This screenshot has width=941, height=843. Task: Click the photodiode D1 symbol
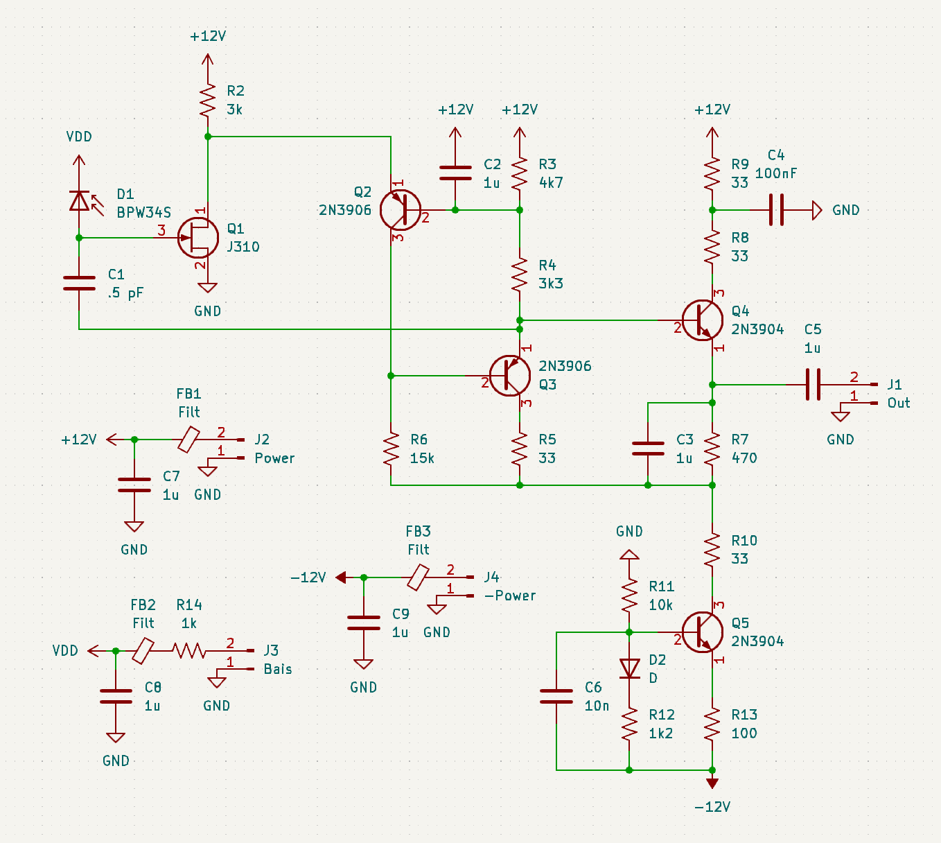click(x=79, y=201)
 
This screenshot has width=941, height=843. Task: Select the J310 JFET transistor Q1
click(x=197, y=238)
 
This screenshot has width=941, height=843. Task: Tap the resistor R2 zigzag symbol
click(x=208, y=101)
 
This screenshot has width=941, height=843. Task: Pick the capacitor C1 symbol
click(x=79, y=283)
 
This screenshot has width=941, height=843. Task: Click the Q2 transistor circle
click(x=401, y=210)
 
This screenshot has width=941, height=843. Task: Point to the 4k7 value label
click(x=551, y=183)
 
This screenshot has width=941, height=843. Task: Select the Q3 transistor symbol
click(x=510, y=376)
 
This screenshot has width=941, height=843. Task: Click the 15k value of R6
click(x=422, y=458)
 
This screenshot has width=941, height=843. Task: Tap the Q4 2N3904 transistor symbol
click(x=702, y=320)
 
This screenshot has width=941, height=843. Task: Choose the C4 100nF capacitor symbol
click(x=776, y=209)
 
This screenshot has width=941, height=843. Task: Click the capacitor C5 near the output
click(x=813, y=384)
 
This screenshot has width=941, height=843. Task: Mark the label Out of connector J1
click(x=898, y=403)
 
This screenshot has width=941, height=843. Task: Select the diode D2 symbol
click(x=629, y=668)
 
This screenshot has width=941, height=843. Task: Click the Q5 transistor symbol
click(x=702, y=632)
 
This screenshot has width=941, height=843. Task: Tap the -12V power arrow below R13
click(x=712, y=783)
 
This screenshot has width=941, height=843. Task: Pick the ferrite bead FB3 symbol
click(x=418, y=577)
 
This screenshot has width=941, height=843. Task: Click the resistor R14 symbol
click(x=188, y=650)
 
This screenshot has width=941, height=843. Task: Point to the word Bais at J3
click(x=277, y=669)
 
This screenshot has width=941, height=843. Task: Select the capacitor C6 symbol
click(x=556, y=697)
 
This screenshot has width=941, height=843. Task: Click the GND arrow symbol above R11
click(x=629, y=555)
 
